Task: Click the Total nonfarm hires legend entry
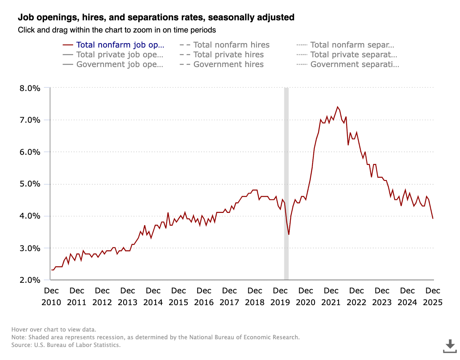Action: click(x=231, y=45)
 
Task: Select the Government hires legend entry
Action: click(x=228, y=64)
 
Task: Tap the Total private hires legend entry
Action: click(x=228, y=54)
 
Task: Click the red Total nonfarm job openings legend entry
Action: click(x=120, y=45)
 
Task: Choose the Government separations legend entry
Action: click(x=354, y=64)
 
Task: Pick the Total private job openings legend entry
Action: click(x=120, y=54)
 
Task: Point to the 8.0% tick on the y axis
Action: click(x=29, y=88)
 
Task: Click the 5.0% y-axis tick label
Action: click(x=29, y=184)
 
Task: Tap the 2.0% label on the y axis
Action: click(x=29, y=280)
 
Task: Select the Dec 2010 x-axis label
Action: click(x=52, y=297)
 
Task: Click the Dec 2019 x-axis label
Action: click(x=280, y=297)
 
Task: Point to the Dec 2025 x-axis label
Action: click(x=433, y=297)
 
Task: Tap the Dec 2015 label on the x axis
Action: click(x=178, y=297)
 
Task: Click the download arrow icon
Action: click(x=450, y=346)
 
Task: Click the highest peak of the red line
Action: click(x=337, y=107)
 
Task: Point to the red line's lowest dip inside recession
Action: click(x=289, y=234)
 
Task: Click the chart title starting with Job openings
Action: click(x=156, y=17)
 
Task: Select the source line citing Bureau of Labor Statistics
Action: click(x=66, y=345)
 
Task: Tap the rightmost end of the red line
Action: click(x=433, y=219)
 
